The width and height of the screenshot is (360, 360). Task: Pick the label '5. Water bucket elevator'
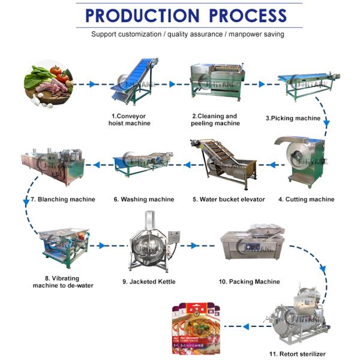click(229, 199)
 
